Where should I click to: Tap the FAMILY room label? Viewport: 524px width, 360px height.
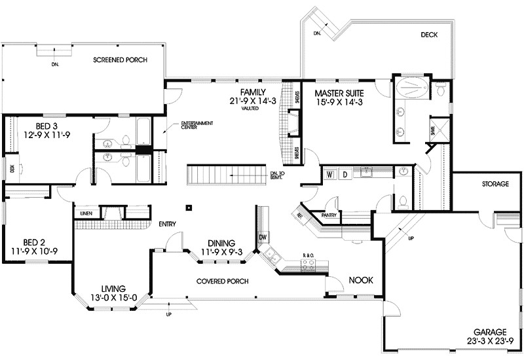(x=253, y=92)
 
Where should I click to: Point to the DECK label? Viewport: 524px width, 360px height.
(x=429, y=35)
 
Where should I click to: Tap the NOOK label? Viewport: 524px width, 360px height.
(x=360, y=280)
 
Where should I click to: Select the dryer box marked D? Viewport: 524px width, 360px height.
(x=345, y=174)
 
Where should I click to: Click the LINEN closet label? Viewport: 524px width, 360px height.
(x=86, y=213)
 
